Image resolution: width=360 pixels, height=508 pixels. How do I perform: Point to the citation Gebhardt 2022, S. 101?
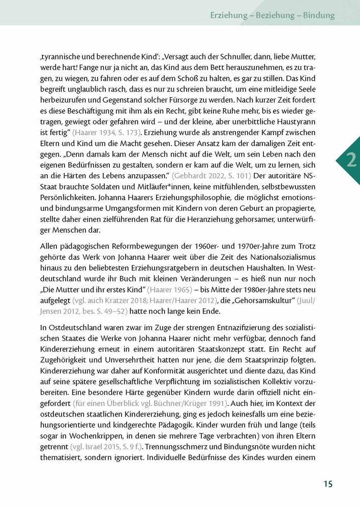coord(211,176)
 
